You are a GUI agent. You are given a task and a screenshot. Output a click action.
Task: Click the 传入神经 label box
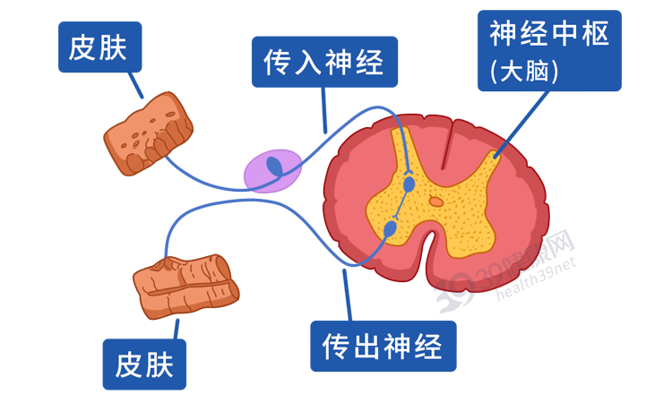point(323,62)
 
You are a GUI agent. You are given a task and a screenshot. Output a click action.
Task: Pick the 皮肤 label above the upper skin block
point(100,47)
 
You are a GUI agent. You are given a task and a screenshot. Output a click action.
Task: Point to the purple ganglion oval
point(272,170)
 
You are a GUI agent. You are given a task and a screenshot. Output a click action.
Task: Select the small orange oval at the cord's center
point(435,201)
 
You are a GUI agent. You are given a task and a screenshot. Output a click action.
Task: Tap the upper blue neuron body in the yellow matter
point(410,184)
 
